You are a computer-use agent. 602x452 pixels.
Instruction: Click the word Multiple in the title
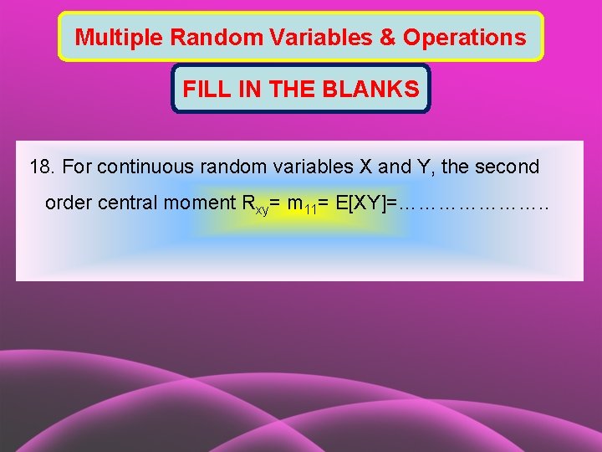click(110, 38)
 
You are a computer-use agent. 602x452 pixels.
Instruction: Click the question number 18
click(42, 167)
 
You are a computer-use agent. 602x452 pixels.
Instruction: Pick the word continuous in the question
click(137, 167)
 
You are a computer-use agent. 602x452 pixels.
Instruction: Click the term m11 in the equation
click(300, 205)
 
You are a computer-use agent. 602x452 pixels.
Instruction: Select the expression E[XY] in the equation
click(358, 203)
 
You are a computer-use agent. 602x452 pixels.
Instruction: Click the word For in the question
click(77, 167)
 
